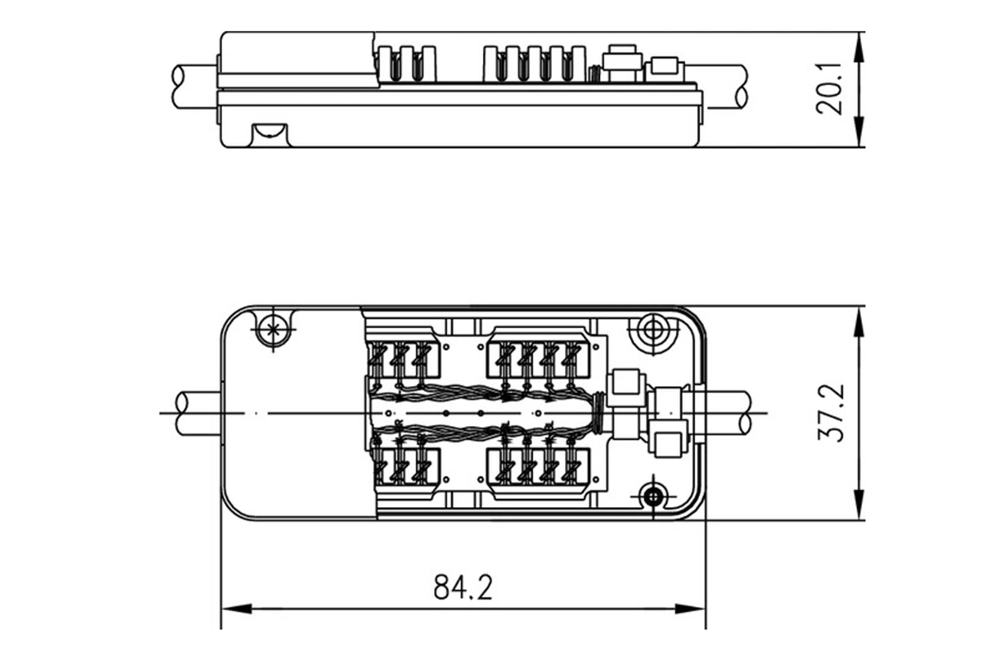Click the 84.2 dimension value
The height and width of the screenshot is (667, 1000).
[463, 587]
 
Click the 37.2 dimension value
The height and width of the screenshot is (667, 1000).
[831, 412]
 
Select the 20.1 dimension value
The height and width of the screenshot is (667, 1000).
[829, 89]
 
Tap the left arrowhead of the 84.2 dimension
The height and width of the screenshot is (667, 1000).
[236, 608]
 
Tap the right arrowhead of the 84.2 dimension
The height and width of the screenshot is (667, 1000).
[690, 608]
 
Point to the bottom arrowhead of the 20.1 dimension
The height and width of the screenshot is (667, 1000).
[859, 132]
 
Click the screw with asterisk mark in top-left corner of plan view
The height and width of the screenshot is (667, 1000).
[273, 330]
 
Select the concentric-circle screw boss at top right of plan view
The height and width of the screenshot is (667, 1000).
[653, 331]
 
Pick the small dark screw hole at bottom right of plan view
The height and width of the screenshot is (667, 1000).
[654, 496]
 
